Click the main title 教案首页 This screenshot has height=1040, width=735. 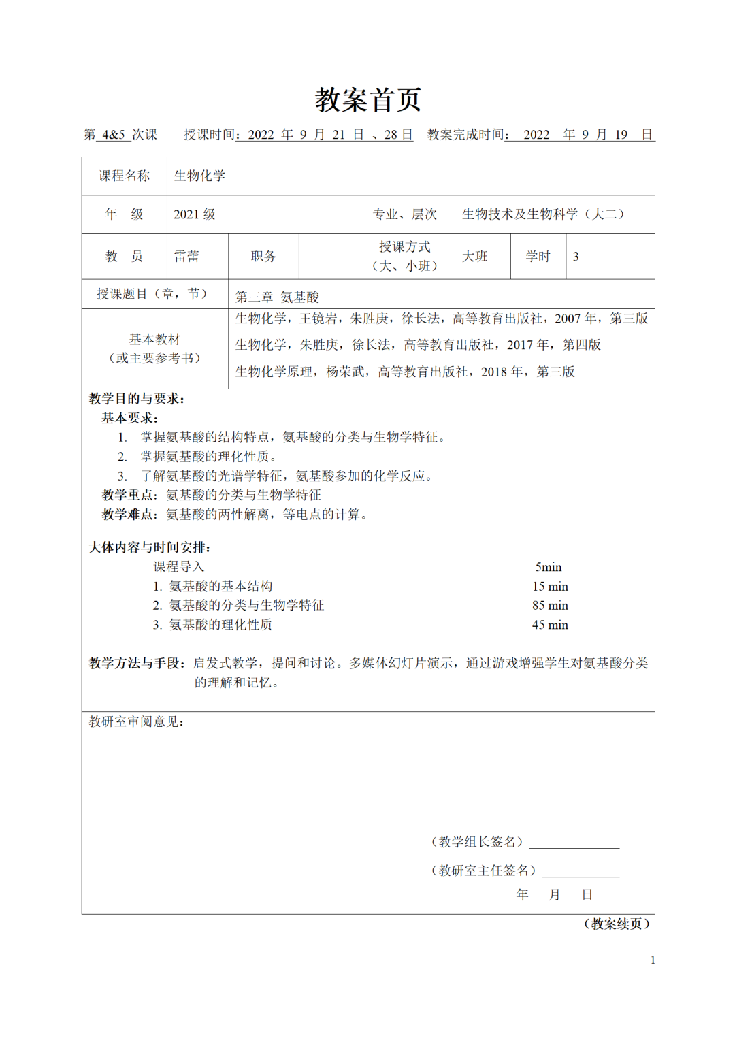pos(367,100)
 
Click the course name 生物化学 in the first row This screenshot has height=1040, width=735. pos(199,176)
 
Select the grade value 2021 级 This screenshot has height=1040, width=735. pos(195,214)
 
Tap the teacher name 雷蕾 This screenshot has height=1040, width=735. pos(186,257)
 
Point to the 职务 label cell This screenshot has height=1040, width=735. pos(263,257)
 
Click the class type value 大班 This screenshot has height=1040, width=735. pos(475,257)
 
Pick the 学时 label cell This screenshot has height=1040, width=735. pos(538,257)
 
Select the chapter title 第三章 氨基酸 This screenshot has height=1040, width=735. pos(277,297)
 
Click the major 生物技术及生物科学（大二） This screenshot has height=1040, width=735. pos(543,214)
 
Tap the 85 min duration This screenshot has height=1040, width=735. pos(550,606)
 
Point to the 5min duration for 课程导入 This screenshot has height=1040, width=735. pos(549,567)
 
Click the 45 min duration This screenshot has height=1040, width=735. pos(550,625)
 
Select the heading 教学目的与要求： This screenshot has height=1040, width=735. pos(137,399)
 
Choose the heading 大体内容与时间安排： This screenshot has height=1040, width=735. pos(150,547)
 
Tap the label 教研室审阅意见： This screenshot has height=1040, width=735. pos(137,721)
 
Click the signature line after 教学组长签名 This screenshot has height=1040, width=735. pos(574,844)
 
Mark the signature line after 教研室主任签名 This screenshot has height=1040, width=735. pos(580,873)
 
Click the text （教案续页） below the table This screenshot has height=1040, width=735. pos(617,924)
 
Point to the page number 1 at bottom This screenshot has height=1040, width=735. pos(653,960)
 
